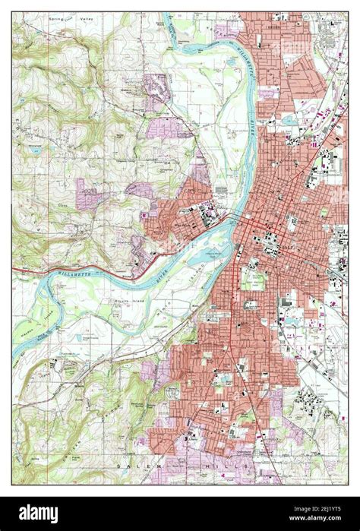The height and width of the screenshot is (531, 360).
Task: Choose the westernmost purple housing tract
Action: [x=87, y=193]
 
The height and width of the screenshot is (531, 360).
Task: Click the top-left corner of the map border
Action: [x=12, y=12]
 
